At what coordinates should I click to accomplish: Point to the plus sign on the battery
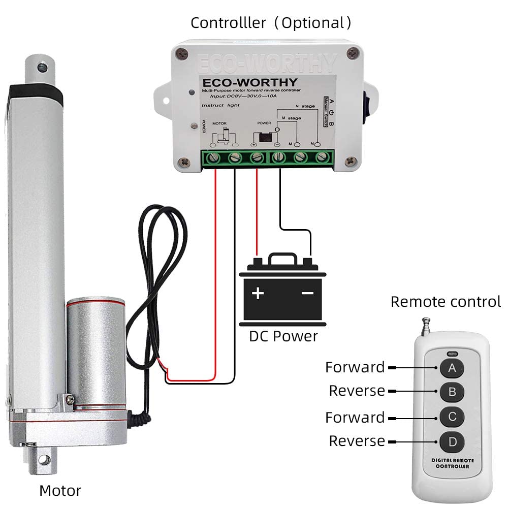coord(259,293)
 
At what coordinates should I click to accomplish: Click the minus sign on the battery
coord(307,293)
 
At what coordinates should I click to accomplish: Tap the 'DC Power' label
coord(283,336)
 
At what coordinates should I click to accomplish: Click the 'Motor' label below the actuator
coord(60,491)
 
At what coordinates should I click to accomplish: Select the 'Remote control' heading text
coord(446,302)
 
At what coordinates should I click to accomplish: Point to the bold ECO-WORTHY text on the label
coord(250,82)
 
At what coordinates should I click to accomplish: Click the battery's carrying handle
coord(283,260)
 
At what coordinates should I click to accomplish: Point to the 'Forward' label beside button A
coord(355,367)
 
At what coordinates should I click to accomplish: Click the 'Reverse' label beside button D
coord(357,441)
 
